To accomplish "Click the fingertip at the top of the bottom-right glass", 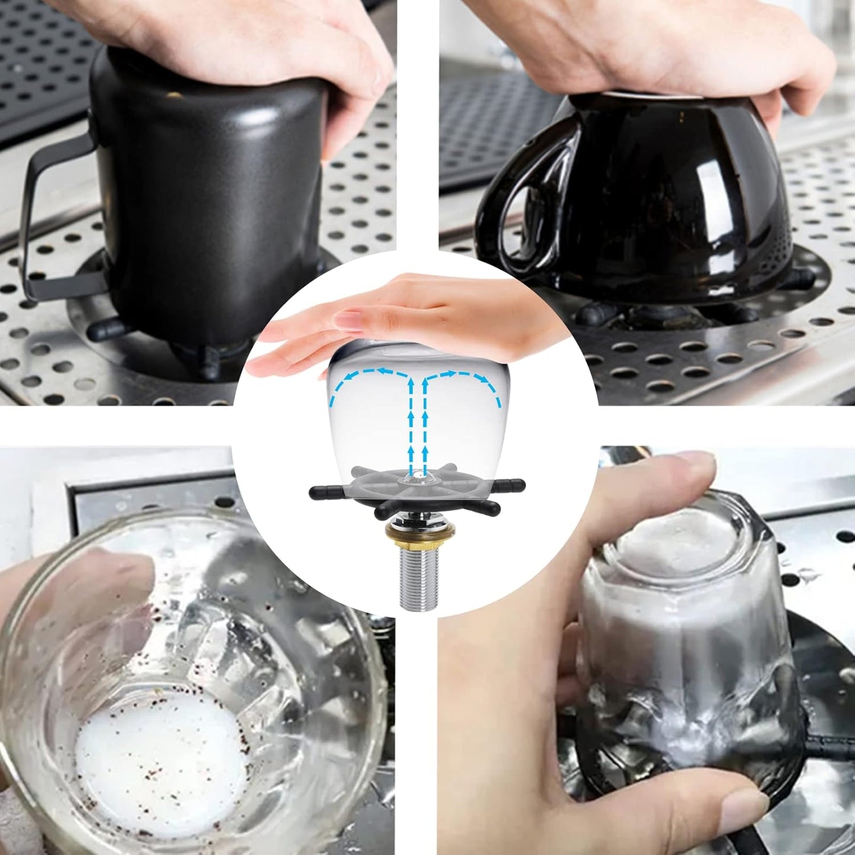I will coord(692,467).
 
